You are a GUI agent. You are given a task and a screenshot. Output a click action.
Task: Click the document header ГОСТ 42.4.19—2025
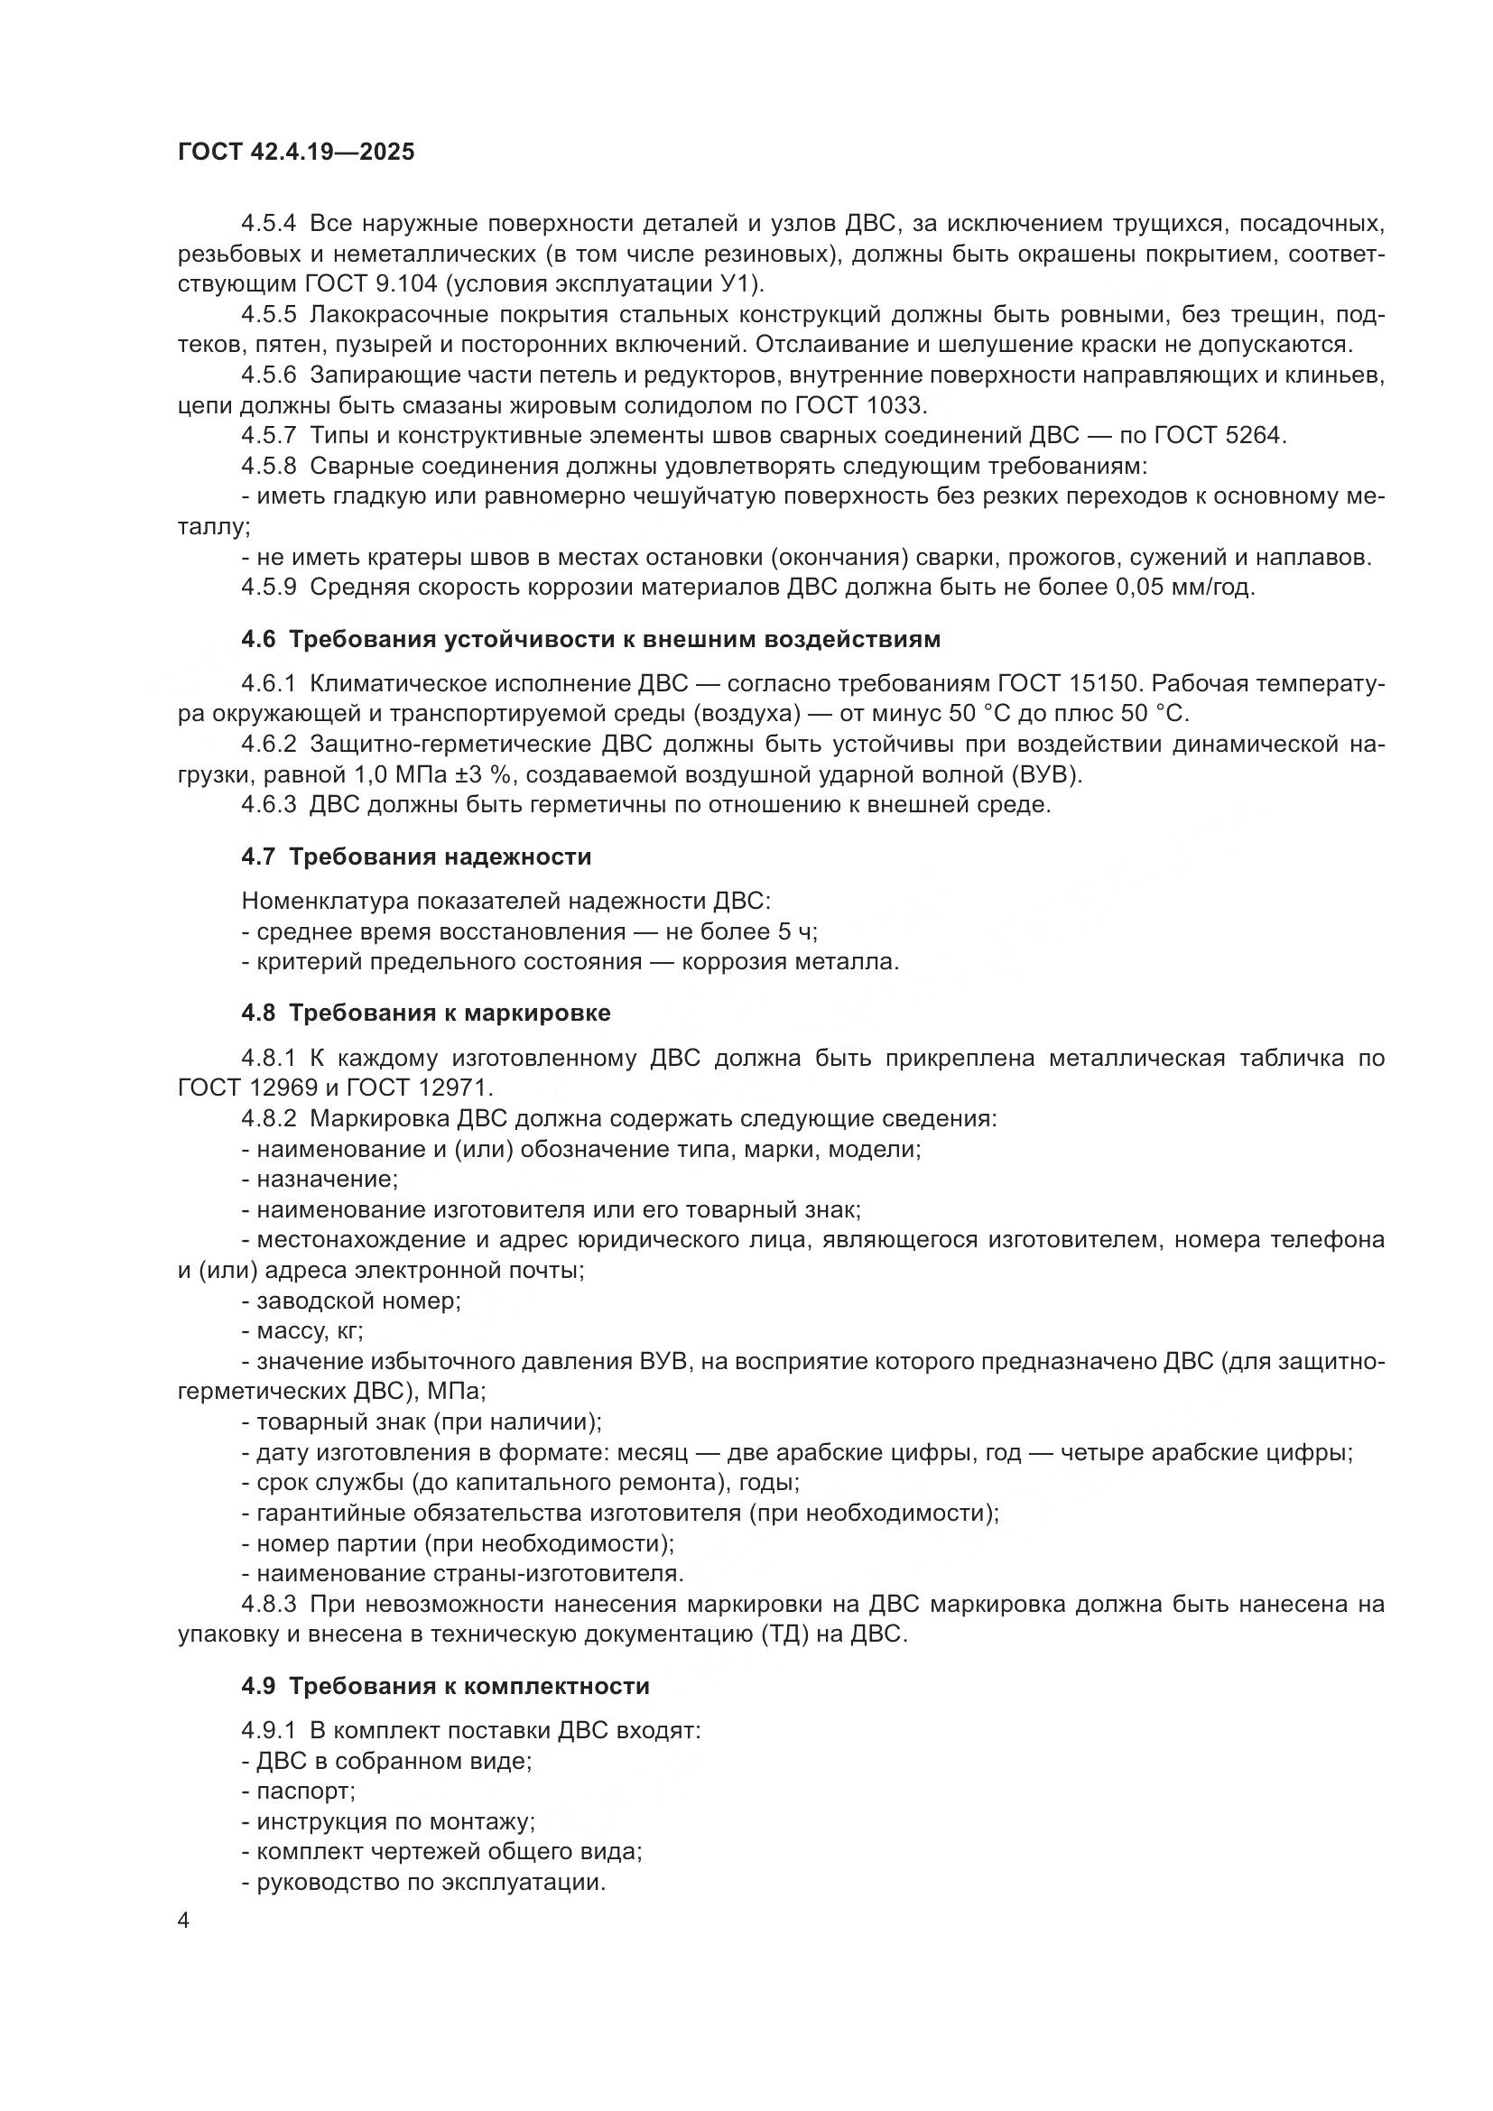coord(296,152)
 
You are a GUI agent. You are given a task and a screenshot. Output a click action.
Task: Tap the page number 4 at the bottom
coord(184,1921)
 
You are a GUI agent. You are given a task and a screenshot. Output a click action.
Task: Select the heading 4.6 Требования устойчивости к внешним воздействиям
coord(590,639)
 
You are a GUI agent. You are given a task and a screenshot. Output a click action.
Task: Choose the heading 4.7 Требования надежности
coord(415,856)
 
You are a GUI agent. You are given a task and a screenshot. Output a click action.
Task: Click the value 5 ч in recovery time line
coord(796,931)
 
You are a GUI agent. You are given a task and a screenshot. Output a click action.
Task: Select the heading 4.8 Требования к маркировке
coord(426,1014)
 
